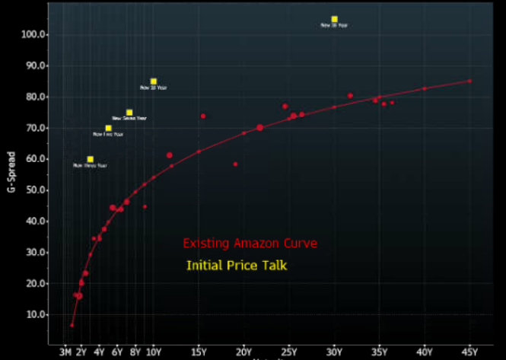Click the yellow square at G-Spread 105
(334, 19)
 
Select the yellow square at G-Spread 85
(154, 81)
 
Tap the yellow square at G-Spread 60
(90, 159)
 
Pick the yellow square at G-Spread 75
(129, 112)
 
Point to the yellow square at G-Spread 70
(108, 128)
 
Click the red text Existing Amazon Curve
(250, 244)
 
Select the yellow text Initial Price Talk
(237, 266)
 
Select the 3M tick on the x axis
(65, 352)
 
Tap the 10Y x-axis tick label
(154, 352)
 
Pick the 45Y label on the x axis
(469, 352)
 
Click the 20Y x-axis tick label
(244, 352)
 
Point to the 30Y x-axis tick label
(334, 352)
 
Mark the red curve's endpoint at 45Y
(469, 81)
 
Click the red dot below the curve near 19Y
(235, 164)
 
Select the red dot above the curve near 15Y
(203, 116)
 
